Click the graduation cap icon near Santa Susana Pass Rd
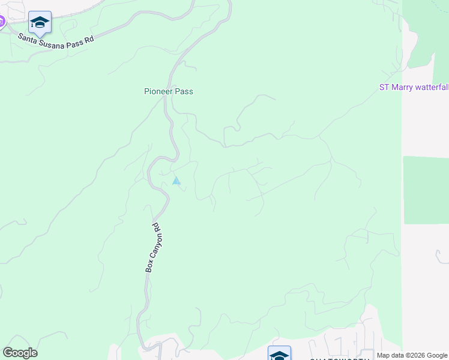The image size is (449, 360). [40, 23]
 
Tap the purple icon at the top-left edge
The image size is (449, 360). [2, 22]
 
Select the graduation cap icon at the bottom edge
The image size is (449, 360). [279, 355]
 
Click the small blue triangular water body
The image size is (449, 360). [176, 181]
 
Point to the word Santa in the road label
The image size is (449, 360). [28, 37]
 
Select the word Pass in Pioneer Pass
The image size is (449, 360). [184, 91]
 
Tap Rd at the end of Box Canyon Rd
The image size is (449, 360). [157, 227]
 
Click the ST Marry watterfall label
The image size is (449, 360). [414, 87]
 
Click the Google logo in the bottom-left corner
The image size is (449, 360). [20, 353]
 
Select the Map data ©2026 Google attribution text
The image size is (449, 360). [412, 355]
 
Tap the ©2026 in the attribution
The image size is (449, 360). [415, 355]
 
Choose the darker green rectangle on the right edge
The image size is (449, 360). [426, 190]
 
